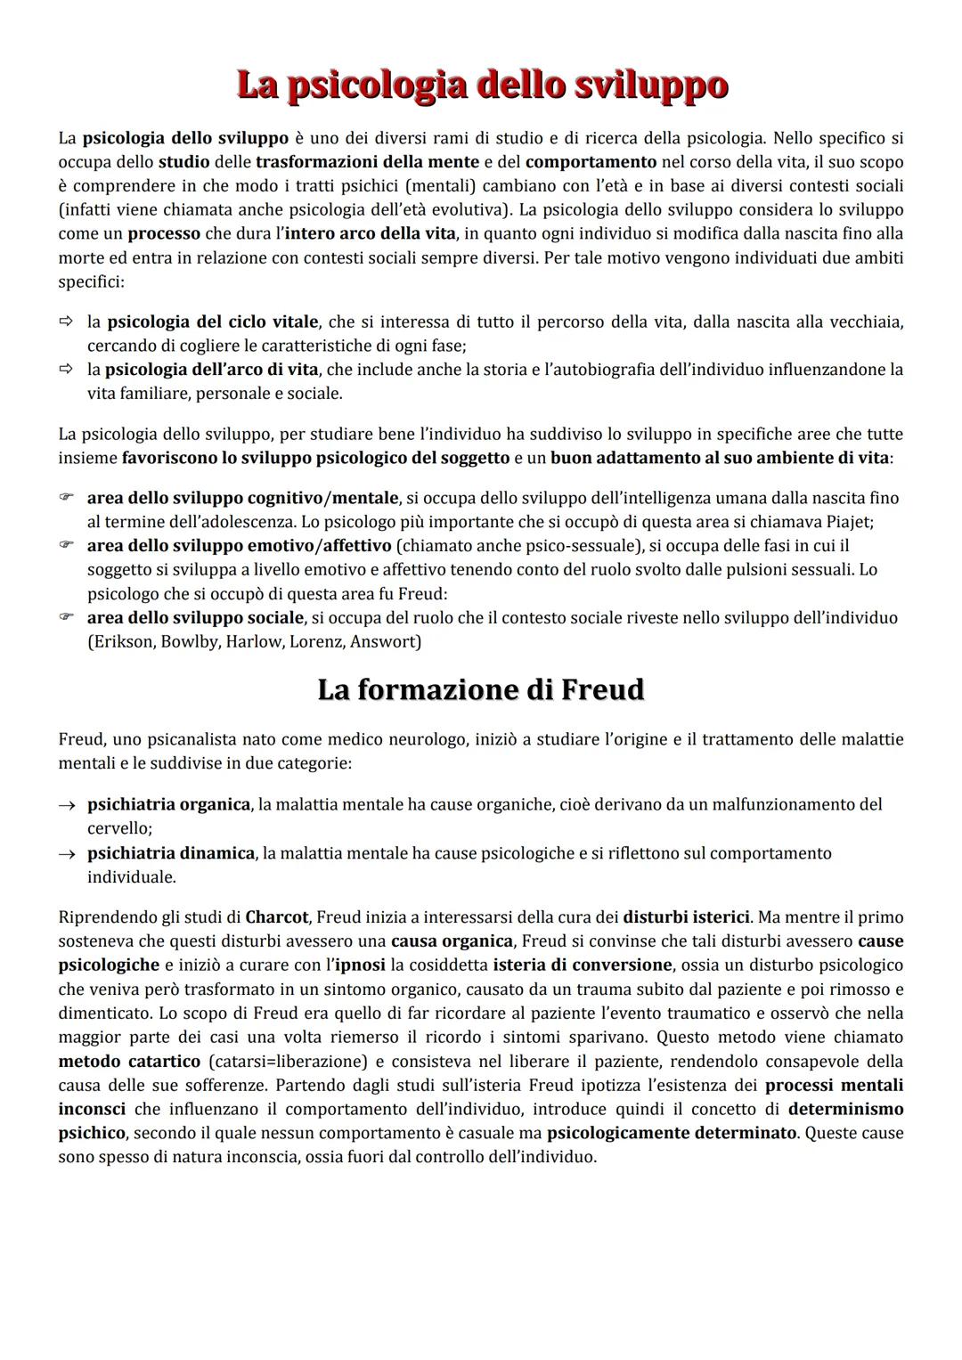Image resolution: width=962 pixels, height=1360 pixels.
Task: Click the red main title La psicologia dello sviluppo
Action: [x=482, y=86]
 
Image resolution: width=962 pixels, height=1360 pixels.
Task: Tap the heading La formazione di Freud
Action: [x=480, y=690]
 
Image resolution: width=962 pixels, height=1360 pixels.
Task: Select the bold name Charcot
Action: [x=276, y=917]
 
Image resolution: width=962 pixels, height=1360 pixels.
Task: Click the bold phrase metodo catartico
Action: [x=129, y=1062]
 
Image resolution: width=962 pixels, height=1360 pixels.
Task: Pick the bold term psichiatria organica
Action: [x=168, y=805]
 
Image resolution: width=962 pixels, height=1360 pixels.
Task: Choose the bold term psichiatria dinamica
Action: [x=170, y=853]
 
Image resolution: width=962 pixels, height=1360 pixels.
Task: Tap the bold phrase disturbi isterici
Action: [x=686, y=917]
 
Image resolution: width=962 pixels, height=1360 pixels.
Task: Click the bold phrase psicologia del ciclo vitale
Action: [x=212, y=322]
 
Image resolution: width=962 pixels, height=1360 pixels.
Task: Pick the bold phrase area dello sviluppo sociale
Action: [x=196, y=618]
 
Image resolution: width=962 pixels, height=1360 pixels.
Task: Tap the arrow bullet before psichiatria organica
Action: [x=66, y=806]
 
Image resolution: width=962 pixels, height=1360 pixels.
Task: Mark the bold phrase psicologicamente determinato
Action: [x=672, y=1134]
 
